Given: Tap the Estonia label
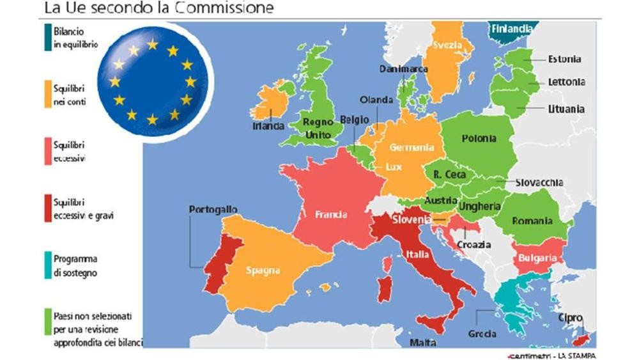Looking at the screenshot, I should click(564, 59).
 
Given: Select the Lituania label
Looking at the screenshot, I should click(566, 109).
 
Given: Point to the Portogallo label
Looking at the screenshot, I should click(213, 210).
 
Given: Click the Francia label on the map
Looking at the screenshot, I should click(330, 215).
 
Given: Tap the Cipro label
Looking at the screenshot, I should click(569, 317).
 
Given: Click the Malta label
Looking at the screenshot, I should click(422, 343).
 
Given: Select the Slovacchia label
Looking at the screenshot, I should click(540, 182).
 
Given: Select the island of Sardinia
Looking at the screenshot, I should click(383, 288).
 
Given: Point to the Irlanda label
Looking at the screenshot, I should click(268, 126).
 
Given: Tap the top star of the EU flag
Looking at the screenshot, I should click(152, 45).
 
